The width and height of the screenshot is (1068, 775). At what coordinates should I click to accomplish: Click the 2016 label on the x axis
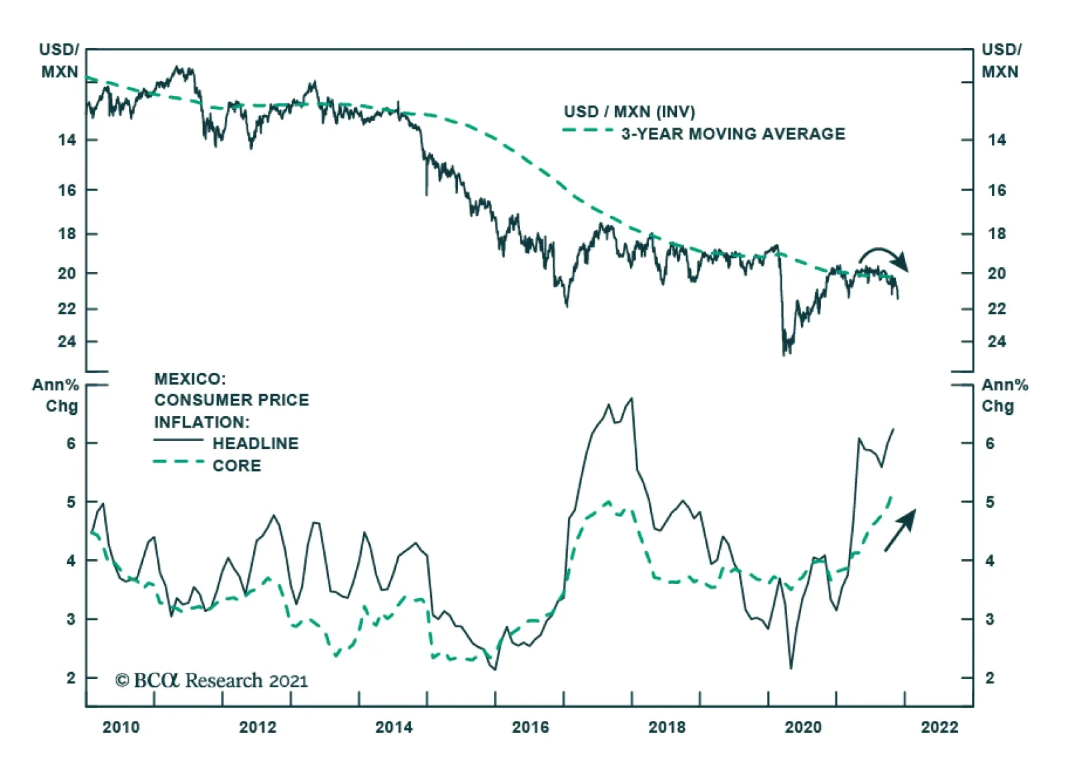pyautogui.click(x=530, y=727)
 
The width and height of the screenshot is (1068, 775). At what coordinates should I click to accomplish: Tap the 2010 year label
pyautogui.click(x=121, y=727)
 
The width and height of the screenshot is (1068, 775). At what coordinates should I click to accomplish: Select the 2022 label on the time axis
pyautogui.click(x=939, y=727)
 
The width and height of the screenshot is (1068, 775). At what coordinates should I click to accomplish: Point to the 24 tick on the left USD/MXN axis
pyautogui.click(x=67, y=341)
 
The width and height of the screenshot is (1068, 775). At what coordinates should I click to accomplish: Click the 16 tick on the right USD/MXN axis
pyautogui.click(x=997, y=190)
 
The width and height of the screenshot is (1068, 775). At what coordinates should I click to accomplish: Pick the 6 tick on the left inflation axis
pyautogui.click(x=71, y=443)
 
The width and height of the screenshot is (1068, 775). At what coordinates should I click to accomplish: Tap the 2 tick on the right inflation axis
pyautogui.click(x=990, y=678)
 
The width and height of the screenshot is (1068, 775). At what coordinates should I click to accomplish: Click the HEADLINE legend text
pyautogui.click(x=256, y=444)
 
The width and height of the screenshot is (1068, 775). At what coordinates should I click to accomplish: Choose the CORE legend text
pyautogui.click(x=237, y=466)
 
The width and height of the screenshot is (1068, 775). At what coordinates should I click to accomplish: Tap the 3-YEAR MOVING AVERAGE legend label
pyautogui.click(x=733, y=134)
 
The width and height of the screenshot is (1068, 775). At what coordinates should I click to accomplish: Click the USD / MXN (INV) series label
pyautogui.click(x=629, y=112)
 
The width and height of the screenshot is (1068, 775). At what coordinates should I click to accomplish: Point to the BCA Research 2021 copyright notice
pyautogui.click(x=212, y=681)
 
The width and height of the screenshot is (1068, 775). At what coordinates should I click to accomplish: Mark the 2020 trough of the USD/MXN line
pyautogui.click(x=785, y=353)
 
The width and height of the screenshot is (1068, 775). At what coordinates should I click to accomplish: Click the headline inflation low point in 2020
pyautogui.click(x=791, y=667)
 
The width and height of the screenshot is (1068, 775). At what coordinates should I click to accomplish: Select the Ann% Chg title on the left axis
pyautogui.click(x=56, y=396)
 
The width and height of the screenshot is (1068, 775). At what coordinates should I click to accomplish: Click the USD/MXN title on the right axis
pyautogui.click(x=1001, y=61)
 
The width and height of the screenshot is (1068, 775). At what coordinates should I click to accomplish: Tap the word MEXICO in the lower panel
pyautogui.click(x=190, y=379)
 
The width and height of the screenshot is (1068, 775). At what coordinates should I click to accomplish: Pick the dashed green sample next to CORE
pyautogui.click(x=178, y=462)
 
